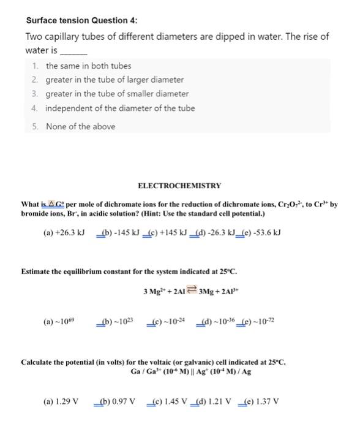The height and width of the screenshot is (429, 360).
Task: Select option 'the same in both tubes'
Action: tap(88, 66)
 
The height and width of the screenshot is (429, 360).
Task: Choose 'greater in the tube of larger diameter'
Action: tap(114, 80)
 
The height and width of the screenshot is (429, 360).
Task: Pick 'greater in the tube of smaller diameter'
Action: tap(117, 94)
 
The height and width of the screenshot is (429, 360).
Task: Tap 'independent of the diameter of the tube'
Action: tap(121, 108)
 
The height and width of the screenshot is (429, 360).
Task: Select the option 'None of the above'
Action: tap(80, 127)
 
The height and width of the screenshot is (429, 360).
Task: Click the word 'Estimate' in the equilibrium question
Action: tap(37, 270)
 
